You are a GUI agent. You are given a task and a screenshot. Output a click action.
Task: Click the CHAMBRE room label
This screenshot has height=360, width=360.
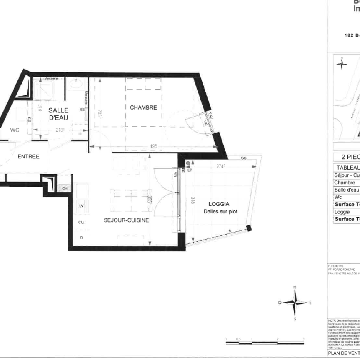(x=143, y=107)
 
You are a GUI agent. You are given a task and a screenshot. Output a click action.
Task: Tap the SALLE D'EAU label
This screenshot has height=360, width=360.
(x=58, y=114)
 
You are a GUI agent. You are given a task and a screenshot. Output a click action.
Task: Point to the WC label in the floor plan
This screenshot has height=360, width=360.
(x=15, y=130)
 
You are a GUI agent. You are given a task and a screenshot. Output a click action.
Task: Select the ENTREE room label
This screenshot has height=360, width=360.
(x=28, y=157)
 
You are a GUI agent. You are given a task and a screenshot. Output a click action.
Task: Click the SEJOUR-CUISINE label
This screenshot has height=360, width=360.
(x=126, y=220)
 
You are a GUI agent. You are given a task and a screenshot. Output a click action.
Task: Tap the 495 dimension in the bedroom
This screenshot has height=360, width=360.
(x=153, y=146)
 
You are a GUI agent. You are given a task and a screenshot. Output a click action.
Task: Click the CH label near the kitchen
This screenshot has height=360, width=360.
(x=65, y=188)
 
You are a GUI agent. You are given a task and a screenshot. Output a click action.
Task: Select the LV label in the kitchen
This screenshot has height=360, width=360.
(x=81, y=206)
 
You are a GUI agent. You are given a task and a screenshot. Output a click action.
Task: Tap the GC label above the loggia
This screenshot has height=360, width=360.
(x=244, y=158)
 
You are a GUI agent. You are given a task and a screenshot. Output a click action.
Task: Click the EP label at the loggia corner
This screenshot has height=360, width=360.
(x=190, y=170)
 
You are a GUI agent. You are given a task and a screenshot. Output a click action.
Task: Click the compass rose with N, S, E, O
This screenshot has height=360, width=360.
(x=295, y=302)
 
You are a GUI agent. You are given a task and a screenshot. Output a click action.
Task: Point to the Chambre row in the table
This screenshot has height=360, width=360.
(x=345, y=182)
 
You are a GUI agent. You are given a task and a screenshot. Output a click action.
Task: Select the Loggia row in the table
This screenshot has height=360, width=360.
(x=342, y=212)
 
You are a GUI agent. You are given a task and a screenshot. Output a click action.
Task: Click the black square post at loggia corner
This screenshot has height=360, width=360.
(x=249, y=228)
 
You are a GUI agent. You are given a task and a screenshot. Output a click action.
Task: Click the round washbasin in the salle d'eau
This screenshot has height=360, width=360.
(x=76, y=85)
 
